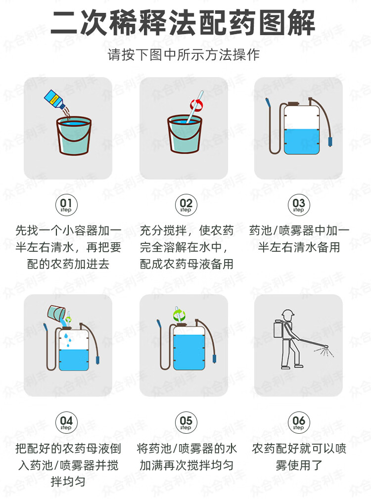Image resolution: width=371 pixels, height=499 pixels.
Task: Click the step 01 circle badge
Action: click(66, 205)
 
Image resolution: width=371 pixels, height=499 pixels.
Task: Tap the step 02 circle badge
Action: click(186, 205)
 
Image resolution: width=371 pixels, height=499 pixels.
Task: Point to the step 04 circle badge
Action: click(66, 422)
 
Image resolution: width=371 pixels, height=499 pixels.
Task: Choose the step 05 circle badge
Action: click(186, 422)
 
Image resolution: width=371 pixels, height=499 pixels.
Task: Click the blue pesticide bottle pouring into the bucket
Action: click(54, 99)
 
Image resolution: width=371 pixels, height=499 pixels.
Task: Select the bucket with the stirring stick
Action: click(185, 134)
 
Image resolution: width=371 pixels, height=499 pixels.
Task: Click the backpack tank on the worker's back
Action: click(278, 329)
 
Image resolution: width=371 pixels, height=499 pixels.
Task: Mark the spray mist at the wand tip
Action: click(325, 351)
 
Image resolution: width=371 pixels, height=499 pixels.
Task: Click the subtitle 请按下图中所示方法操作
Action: click(184, 55)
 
